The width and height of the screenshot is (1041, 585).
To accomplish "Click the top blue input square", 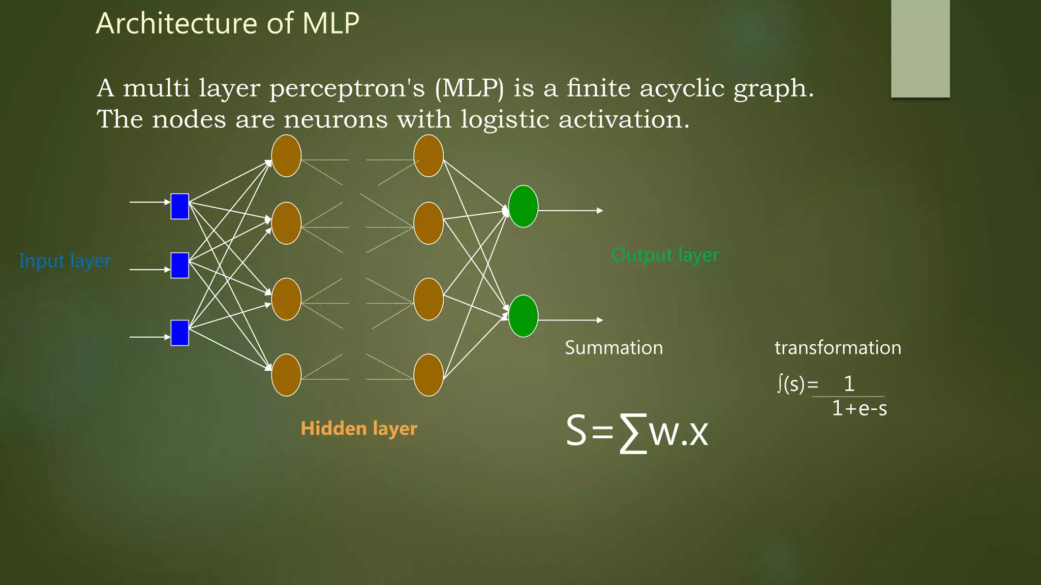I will click(179, 206).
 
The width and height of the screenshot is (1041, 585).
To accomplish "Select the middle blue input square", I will click(179, 265).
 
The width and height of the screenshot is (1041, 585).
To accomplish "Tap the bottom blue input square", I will click(179, 333).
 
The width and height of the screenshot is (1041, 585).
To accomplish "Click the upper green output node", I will click(523, 206).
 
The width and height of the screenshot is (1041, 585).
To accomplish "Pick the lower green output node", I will click(523, 316).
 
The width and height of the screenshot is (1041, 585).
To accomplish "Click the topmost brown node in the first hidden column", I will click(286, 156).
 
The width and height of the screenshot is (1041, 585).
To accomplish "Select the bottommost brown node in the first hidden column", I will click(286, 375).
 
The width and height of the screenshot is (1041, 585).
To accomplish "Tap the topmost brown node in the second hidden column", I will click(428, 156).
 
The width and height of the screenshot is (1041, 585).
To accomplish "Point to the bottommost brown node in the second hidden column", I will click(428, 375).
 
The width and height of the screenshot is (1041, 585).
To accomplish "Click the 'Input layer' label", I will click(65, 261).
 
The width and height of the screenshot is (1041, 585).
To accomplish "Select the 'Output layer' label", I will click(665, 255).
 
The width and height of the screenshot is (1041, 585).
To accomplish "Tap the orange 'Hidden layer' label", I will click(359, 429).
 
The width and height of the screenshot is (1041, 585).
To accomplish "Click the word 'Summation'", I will click(614, 348).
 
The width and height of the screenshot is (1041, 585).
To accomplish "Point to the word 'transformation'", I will click(838, 348).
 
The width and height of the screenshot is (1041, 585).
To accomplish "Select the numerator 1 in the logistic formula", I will click(849, 384).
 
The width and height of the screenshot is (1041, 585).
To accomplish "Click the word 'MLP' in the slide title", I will click(331, 23).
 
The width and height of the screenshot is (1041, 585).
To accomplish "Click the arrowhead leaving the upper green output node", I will click(600, 210).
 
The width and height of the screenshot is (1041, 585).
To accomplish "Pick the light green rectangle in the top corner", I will click(920, 48).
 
